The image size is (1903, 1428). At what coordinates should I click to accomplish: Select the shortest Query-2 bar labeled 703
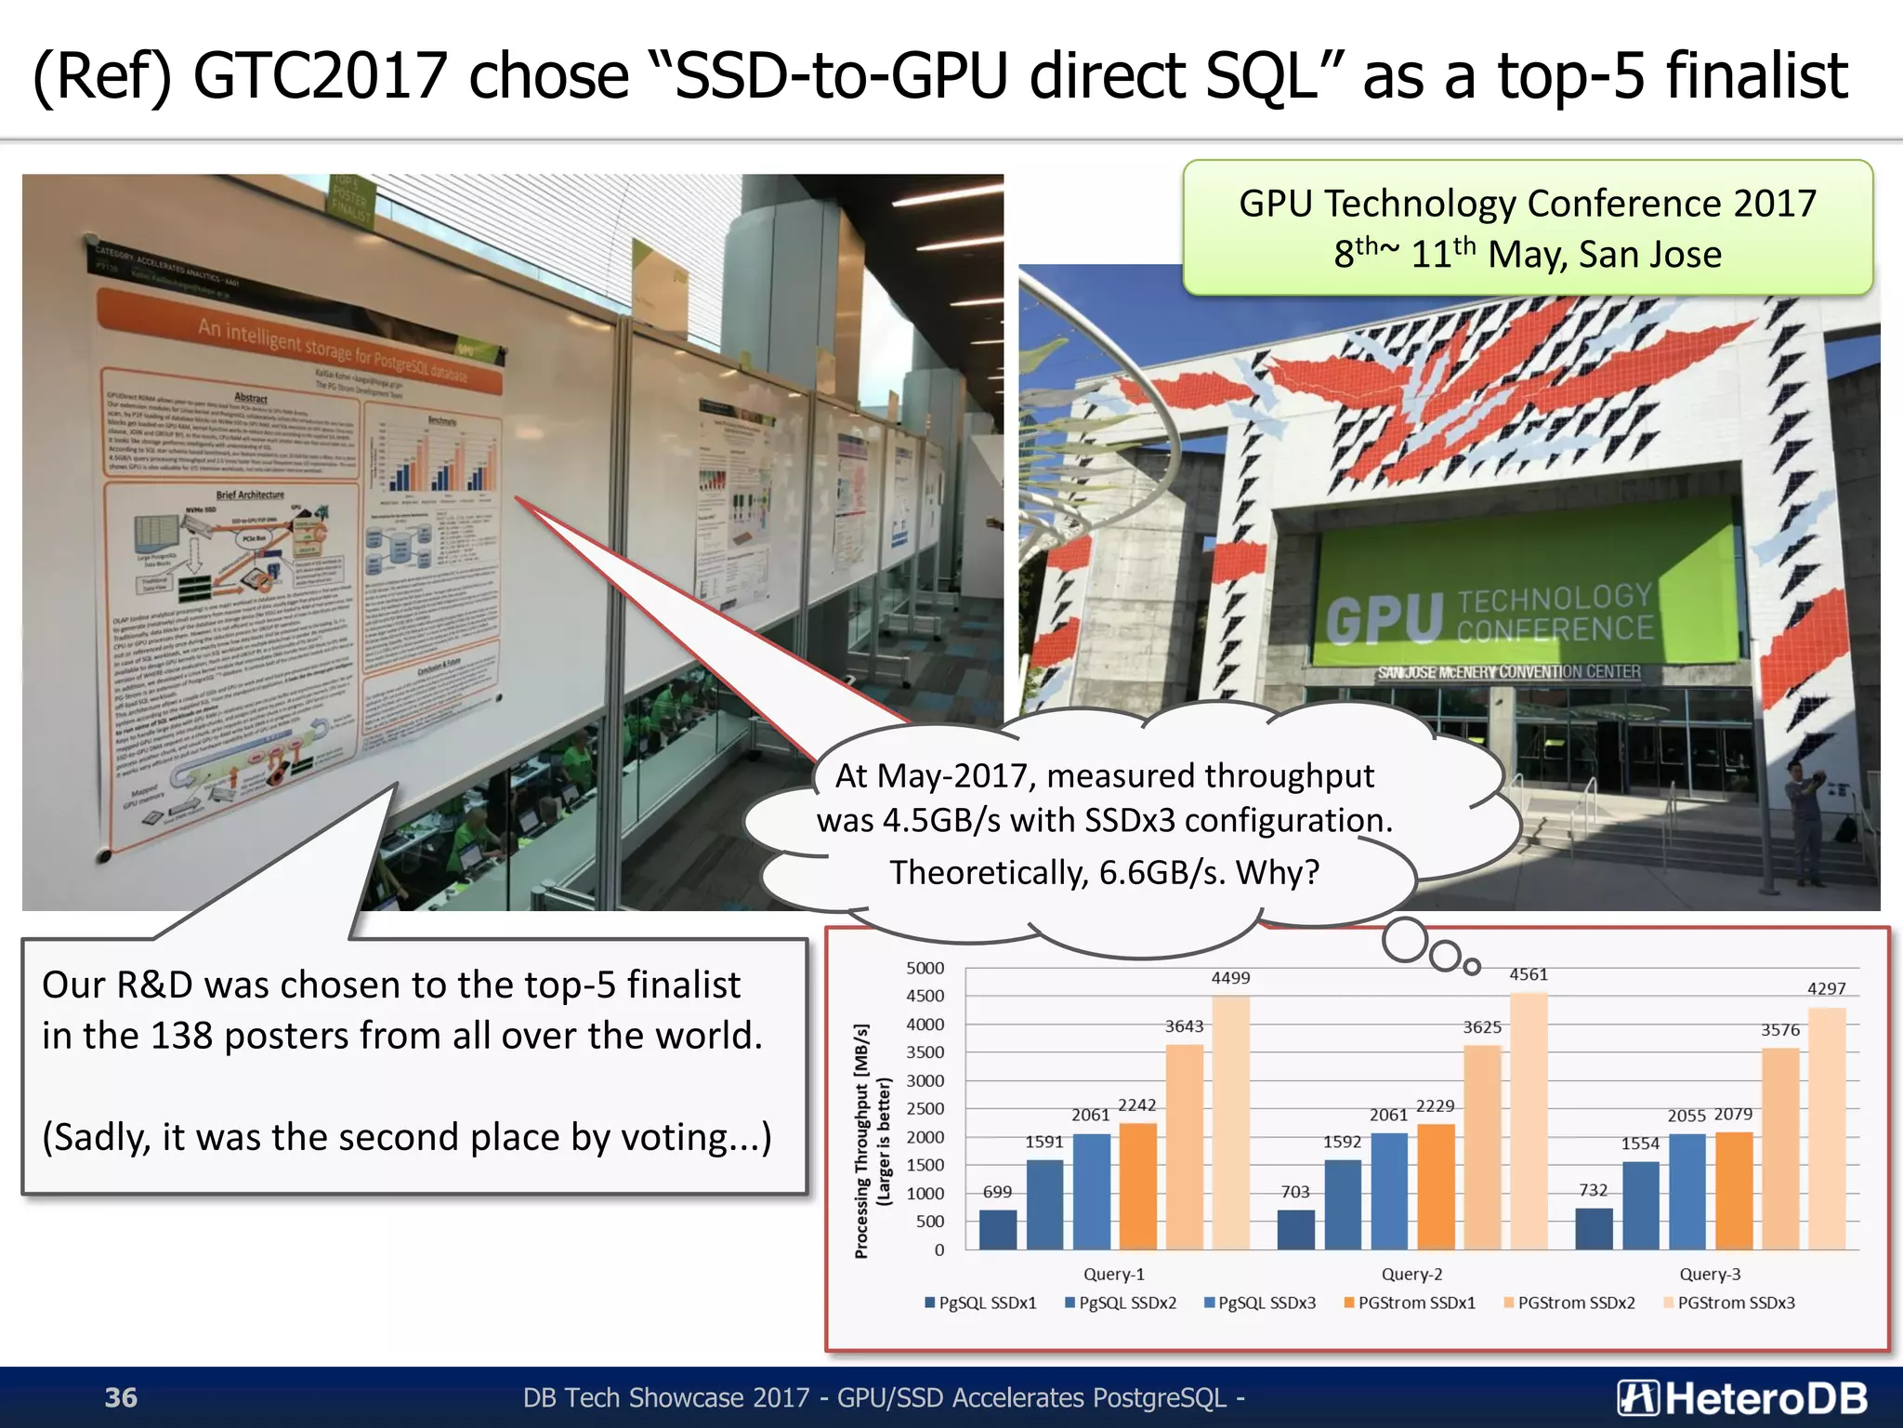pos(1295,1229)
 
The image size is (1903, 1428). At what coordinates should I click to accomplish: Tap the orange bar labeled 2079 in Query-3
pos(1734,1190)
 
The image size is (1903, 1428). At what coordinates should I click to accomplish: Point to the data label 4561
pos(1529,974)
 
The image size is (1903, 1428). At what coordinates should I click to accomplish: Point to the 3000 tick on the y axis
pos(925,1080)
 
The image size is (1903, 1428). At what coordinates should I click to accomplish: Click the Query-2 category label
pos(1411,1274)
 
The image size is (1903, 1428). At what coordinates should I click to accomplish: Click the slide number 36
pos(121,1397)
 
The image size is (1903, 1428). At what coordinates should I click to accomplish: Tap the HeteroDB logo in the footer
pos(1741,1397)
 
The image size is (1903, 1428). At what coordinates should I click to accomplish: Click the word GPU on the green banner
pos(1385,620)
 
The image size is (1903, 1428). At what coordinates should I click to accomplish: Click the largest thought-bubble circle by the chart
pos(1404,940)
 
